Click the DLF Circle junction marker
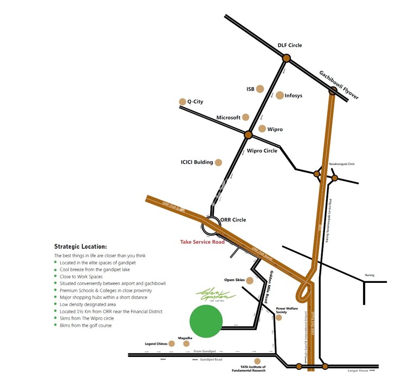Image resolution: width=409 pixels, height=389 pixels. pos(286,58)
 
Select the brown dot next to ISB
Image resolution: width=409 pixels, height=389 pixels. pos(260,89)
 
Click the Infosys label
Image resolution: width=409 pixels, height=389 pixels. pos(293,96)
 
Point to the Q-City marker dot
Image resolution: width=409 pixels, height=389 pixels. pos(182,102)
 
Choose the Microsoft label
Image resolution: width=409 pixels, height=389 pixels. pos(228,118)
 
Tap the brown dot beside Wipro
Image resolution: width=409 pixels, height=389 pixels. pos(262,129)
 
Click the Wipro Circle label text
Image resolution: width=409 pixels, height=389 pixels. pos(262,151)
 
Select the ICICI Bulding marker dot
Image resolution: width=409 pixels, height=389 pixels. pos(218,162)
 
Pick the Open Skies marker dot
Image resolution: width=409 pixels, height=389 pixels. pos(250,281)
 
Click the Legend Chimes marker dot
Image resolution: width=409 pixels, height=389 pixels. pos(172,343)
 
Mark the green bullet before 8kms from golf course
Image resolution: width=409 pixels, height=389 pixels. pos(55,326)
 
